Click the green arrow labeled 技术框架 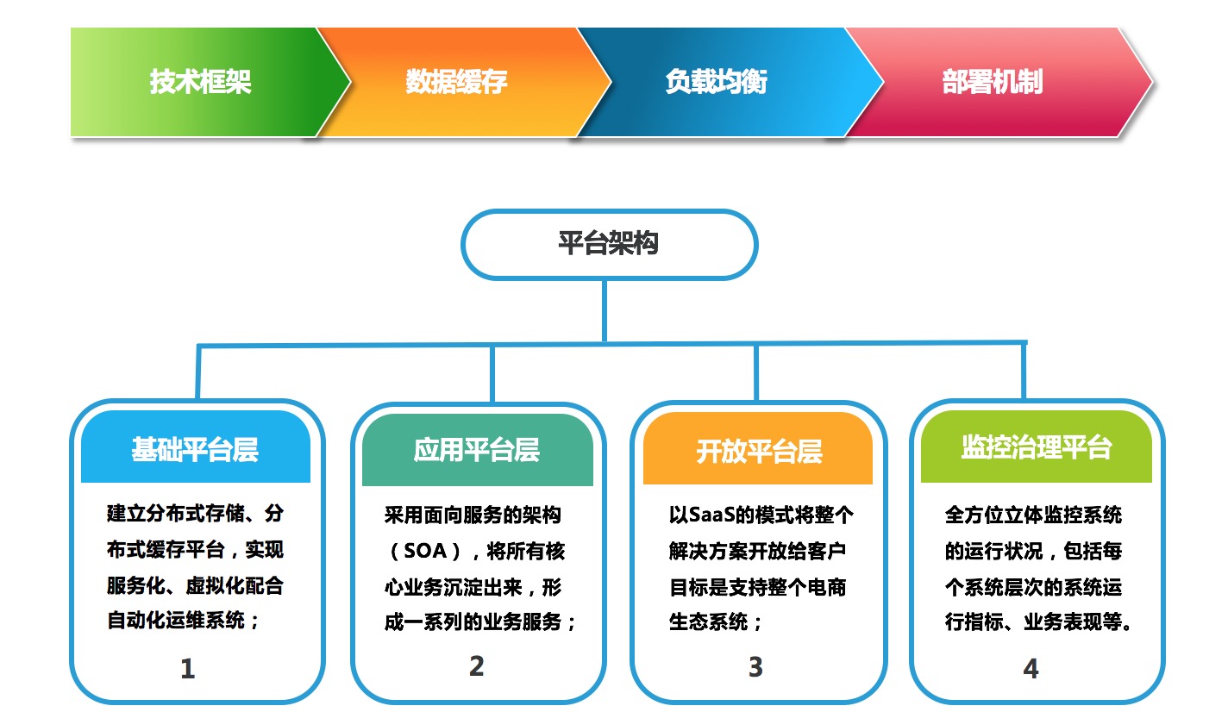203,82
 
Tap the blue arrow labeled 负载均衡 724,82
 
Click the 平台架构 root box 609,245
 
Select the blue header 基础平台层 196,447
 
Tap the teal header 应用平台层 478,449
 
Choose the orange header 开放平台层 758,448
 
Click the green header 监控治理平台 1037,447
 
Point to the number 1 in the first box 188,669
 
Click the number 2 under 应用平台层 476,666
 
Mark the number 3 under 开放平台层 755,667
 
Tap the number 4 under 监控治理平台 1031,668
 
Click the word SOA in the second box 425,550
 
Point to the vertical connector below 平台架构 605,311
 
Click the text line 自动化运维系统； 184,621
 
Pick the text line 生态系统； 716,622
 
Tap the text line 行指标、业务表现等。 1039,622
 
